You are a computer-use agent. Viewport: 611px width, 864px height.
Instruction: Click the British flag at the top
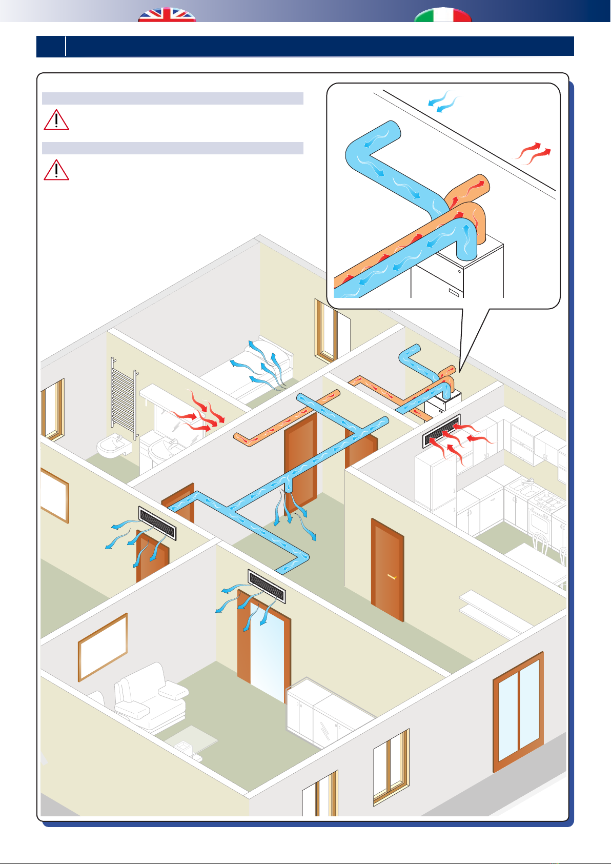coord(167,15)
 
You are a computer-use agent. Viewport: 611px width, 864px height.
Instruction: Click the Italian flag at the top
coord(443,15)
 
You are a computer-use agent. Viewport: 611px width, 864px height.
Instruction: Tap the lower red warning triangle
coord(56,170)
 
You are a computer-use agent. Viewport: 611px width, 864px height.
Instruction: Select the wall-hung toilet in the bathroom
coord(114,448)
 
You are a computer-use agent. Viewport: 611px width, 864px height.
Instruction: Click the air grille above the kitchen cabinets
coord(442,431)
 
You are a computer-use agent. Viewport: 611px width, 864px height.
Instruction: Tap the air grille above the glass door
coord(267,586)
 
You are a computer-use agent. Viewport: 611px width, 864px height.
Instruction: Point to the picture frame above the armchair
coord(103,647)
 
